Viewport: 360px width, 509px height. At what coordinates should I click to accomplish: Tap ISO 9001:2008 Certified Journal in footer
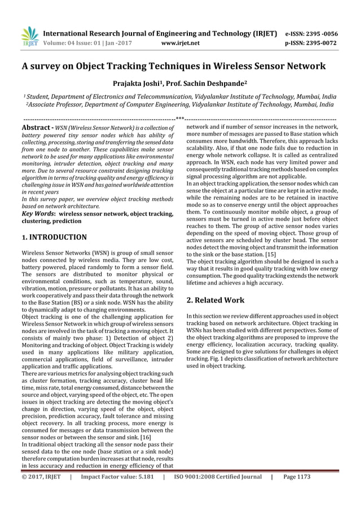[x=217, y=492]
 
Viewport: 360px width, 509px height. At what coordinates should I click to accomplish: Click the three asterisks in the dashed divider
[x=180, y=118]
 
